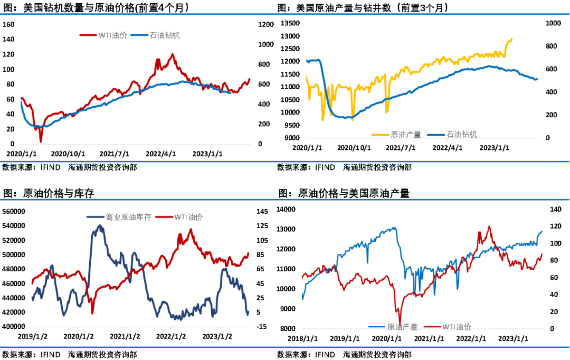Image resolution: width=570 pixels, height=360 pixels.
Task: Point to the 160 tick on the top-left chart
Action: pyautogui.click(x=8, y=24)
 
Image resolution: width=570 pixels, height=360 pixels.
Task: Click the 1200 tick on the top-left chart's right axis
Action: pyautogui.click(x=267, y=24)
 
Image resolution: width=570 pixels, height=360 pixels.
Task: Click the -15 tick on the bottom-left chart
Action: pyautogui.click(x=261, y=327)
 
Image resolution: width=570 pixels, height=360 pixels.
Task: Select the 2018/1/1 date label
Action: pyautogui.click(x=301, y=338)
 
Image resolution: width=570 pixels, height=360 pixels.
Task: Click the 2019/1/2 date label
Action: pyautogui.click(x=33, y=336)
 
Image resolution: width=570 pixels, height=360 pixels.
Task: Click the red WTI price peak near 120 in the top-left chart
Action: pyautogui.click(x=172, y=54)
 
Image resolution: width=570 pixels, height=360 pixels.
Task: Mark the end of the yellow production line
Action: pyautogui.click(x=511, y=39)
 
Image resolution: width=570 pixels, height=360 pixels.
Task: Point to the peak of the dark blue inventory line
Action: pyautogui.click(x=99, y=225)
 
